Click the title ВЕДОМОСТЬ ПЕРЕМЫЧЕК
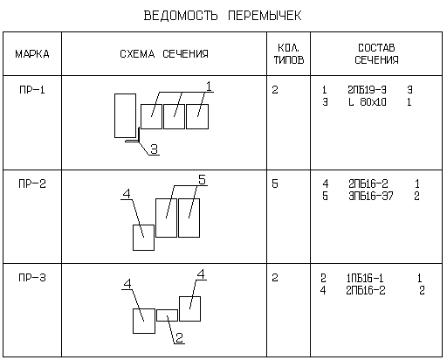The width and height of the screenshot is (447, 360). point(223,16)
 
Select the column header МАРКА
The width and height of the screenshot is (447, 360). point(32,54)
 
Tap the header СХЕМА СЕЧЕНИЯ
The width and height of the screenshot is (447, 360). point(164,54)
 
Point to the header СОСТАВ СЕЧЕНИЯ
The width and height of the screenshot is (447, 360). point(376,54)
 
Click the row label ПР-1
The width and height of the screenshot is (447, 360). point(32,90)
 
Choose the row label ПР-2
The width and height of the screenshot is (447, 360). point(32,183)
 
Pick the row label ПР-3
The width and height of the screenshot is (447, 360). point(32,278)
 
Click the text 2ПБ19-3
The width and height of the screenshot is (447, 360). point(367,90)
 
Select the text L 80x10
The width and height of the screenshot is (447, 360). point(368,102)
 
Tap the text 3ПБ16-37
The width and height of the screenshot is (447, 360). point(371,196)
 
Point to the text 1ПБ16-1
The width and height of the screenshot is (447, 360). point(365,278)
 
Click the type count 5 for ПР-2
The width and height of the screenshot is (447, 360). point(275,183)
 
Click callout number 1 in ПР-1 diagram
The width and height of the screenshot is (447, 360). point(209,87)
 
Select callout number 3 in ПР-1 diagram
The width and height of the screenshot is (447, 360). point(154,149)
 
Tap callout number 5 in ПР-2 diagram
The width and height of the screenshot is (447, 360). point(202,179)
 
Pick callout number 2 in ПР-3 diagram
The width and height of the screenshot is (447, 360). point(179,337)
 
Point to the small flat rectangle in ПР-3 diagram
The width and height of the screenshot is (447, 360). point(167,310)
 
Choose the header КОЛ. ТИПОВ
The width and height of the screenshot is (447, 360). point(289,54)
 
